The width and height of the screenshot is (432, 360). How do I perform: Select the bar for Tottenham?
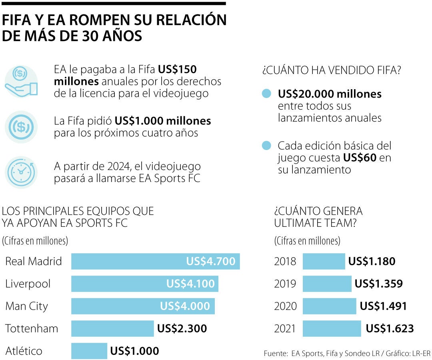tap(112, 328)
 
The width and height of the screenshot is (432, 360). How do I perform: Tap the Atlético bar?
tap(89, 351)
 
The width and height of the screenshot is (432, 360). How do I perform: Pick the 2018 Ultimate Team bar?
tap(324, 262)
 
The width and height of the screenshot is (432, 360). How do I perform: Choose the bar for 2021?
tap(332, 328)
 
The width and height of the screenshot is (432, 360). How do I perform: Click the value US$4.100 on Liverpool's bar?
tap(190, 284)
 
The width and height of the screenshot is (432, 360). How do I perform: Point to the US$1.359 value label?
tap(378, 284)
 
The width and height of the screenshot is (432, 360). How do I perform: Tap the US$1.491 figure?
tap(383, 306)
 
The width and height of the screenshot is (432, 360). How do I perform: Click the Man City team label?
tap(26, 306)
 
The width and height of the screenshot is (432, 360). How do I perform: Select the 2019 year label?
tap(285, 284)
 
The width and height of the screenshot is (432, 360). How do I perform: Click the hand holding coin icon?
tap(21, 82)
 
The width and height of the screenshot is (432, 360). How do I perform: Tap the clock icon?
tap(21, 172)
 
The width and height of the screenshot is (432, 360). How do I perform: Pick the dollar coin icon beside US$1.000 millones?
tap(21, 127)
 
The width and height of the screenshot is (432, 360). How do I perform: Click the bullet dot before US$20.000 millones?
tap(266, 94)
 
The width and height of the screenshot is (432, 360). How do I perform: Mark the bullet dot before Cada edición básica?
tap(266, 146)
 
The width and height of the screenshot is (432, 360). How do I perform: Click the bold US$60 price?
tap(360, 158)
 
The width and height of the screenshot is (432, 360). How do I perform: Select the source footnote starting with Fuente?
tap(347, 354)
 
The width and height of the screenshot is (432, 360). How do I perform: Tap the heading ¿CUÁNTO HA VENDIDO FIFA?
tap(332, 71)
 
